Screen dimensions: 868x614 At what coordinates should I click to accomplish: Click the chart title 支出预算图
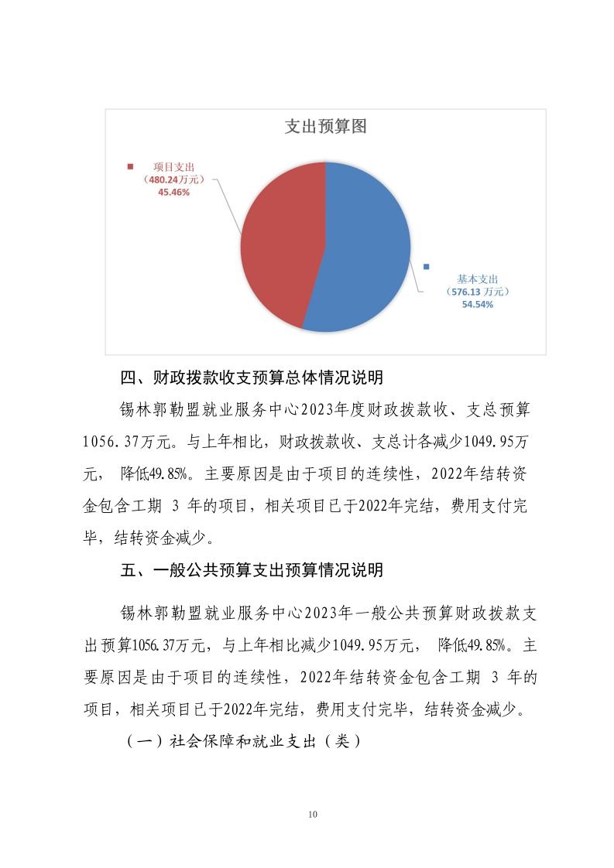[x=325, y=127]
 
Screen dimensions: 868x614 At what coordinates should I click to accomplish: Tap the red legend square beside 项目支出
[x=130, y=166]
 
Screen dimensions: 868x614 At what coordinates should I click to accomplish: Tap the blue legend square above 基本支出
[x=426, y=267]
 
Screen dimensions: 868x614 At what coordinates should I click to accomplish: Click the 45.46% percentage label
[x=173, y=192]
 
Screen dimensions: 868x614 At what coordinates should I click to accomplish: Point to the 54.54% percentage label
[x=477, y=305]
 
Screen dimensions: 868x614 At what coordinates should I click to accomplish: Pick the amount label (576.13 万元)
[x=477, y=292]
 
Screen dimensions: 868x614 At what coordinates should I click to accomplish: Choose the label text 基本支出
[x=477, y=279]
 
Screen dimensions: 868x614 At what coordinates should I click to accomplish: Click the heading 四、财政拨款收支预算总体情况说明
[x=252, y=379]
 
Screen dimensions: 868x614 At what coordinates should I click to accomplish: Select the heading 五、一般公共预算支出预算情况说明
[x=252, y=571]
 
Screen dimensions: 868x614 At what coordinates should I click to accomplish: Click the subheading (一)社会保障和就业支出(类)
[x=241, y=740]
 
